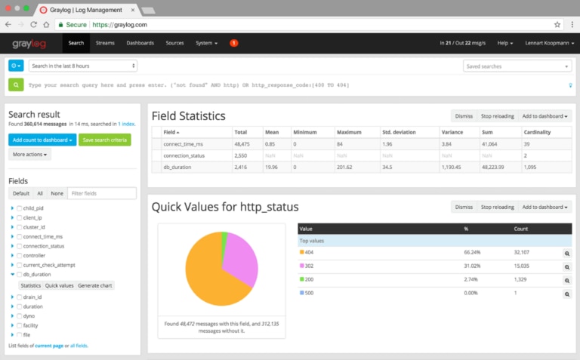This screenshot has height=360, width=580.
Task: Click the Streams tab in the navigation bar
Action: pyautogui.click(x=105, y=43)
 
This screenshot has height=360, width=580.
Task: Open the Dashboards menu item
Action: pyautogui.click(x=140, y=43)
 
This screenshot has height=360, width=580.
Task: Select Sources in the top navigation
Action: pyautogui.click(x=174, y=43)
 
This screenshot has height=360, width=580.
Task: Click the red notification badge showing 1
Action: pyautogui.click(x=233, y=43)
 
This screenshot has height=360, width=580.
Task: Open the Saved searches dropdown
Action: pyautogui.click(x=517, y=66)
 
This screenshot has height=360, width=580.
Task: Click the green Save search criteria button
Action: pyautogui.click(x=106, y=140)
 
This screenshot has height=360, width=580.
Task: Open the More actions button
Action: pyautogui.click(x=30, y=155)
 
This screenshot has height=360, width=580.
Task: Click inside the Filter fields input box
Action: pyautogui.click(x=102, y=194)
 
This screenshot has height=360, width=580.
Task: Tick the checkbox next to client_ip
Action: pyautogui.click(x=20, y=217)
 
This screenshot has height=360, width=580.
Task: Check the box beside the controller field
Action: pyautogui.click(x=20, y=256)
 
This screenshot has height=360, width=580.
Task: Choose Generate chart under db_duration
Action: pyautogui.click(x=95, y=286)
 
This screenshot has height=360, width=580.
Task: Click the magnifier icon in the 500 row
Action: pyautogui.click(x=566, y=293)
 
